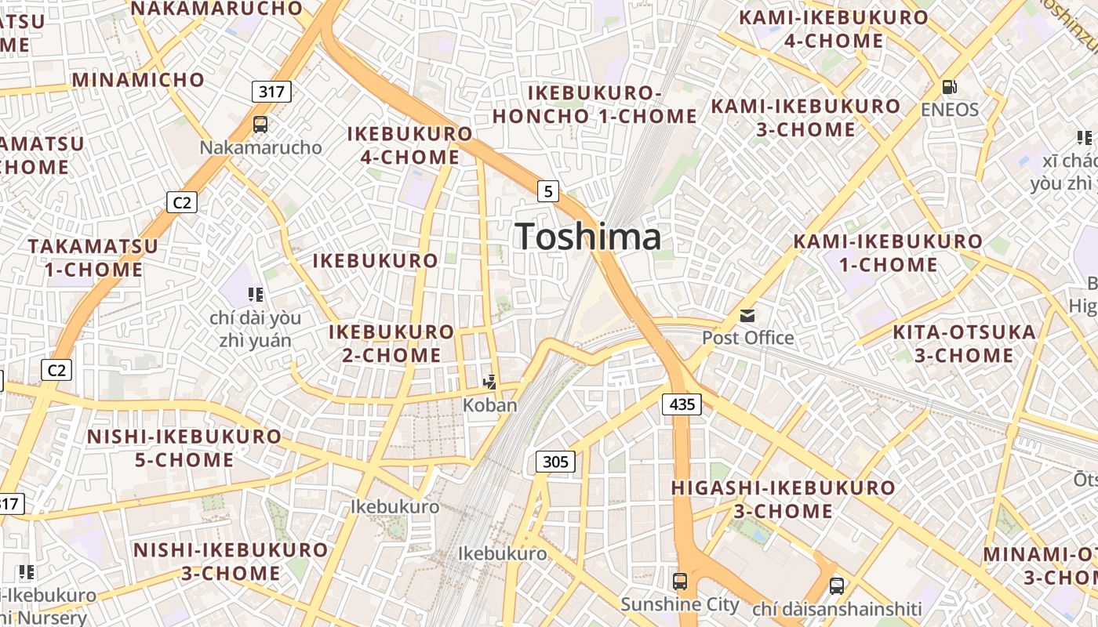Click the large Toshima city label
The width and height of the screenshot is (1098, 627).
tap(588, 237)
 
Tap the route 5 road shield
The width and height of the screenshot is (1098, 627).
tap(547, 190)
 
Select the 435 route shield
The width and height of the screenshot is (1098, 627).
tap(682, 404)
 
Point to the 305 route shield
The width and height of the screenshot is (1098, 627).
tap(555, 462)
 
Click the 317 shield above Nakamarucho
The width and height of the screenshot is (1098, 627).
tap(271, 92)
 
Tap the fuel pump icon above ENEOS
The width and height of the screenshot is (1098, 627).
tap(949, 87)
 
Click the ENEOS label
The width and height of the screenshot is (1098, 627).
tap(950, 110)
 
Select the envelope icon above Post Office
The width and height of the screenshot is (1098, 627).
tap(747, 316)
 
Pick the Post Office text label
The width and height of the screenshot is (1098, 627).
tap(747, 339)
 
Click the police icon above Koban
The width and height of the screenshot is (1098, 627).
tap(490, 382)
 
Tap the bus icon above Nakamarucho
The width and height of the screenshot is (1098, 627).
tap(260, 124)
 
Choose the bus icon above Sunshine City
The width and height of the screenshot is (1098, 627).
tap(680, 582)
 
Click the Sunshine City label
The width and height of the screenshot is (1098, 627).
tap(680, 604)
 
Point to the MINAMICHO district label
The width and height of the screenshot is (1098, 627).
tap(138, 80)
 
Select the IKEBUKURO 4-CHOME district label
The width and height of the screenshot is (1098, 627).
tap(410, 145)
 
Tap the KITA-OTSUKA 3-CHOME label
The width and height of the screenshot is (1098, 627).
tap(964, 344)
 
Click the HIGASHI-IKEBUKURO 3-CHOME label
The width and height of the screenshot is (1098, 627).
tap(783, 499)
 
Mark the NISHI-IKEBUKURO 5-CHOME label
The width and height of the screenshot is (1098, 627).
tap(184, 448)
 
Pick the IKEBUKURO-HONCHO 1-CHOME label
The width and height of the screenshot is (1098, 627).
tap(594, 104)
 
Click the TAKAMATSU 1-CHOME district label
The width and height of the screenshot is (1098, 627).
tap(93, 258)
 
